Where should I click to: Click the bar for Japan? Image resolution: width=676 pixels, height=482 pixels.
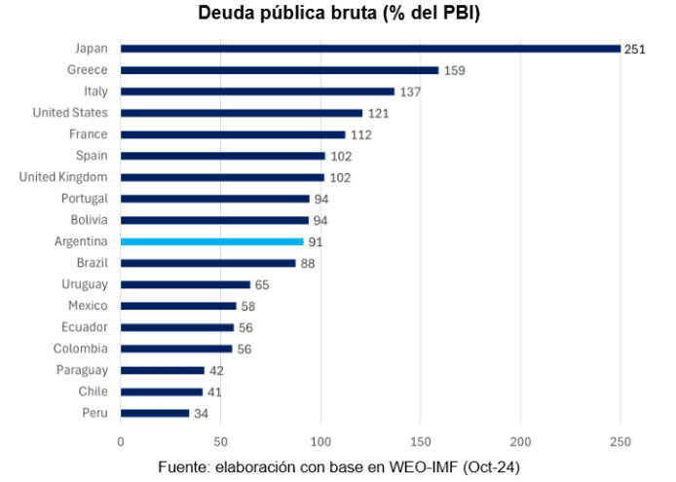click(370, 48)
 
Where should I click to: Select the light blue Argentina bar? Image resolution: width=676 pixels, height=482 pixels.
click(211, 241)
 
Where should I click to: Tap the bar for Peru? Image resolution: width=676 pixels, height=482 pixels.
click(155, 413)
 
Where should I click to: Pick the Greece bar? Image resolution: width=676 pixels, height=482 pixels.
click(280, 70)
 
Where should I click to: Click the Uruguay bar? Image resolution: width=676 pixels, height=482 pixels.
click(185, 284)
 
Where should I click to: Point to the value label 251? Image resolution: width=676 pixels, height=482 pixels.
click(635, 49)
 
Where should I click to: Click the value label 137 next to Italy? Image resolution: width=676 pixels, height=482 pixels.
click(410, 92)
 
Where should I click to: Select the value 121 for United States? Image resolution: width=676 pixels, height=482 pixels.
click(378, 113)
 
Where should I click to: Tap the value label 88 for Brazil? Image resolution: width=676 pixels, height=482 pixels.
click(308, 263)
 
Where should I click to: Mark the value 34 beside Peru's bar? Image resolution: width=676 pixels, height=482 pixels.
click(201, 414)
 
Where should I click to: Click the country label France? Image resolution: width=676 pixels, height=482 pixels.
click(89, 133)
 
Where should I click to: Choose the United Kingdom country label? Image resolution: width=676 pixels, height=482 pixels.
click(63, 176)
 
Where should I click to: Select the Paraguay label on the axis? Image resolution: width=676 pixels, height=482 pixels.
click(82, 370)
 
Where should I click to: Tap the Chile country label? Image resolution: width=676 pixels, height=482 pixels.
click(93, 391)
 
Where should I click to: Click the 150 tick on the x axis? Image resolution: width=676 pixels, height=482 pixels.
click(421, 440)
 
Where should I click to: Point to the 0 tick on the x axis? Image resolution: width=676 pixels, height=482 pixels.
click(121, 440)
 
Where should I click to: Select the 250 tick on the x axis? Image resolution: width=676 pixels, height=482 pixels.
click(620, 440)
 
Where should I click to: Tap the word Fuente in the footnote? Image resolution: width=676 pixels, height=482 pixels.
click(181, 466)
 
